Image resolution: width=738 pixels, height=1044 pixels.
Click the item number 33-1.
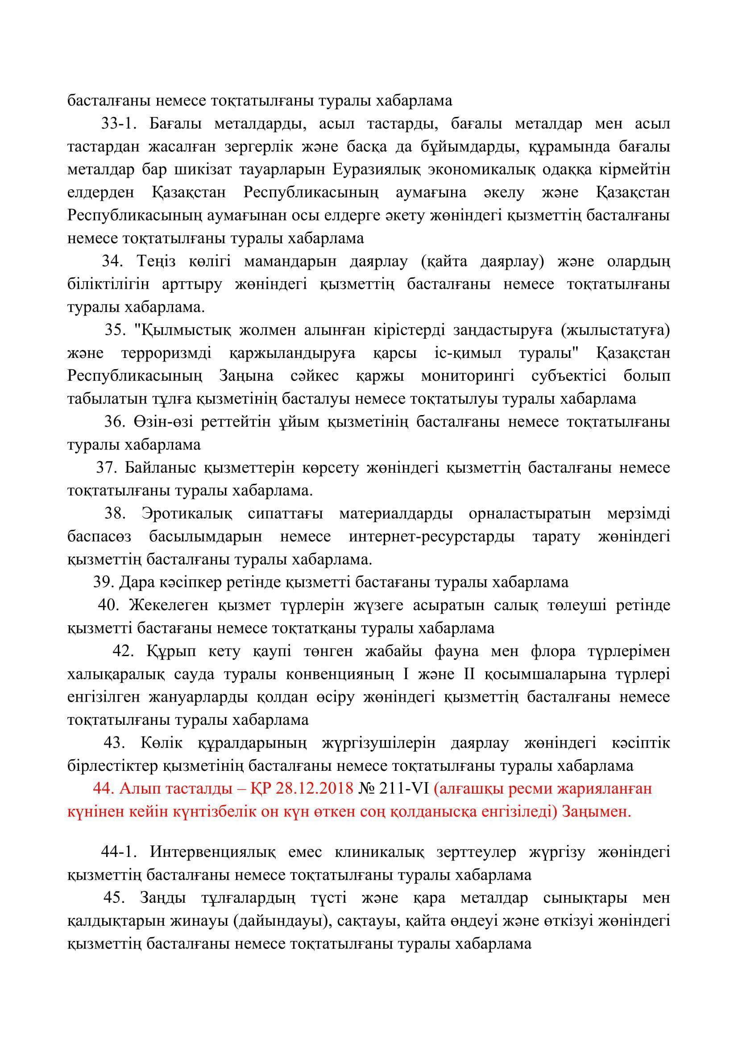119,124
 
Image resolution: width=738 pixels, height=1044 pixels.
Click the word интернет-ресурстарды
432,537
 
